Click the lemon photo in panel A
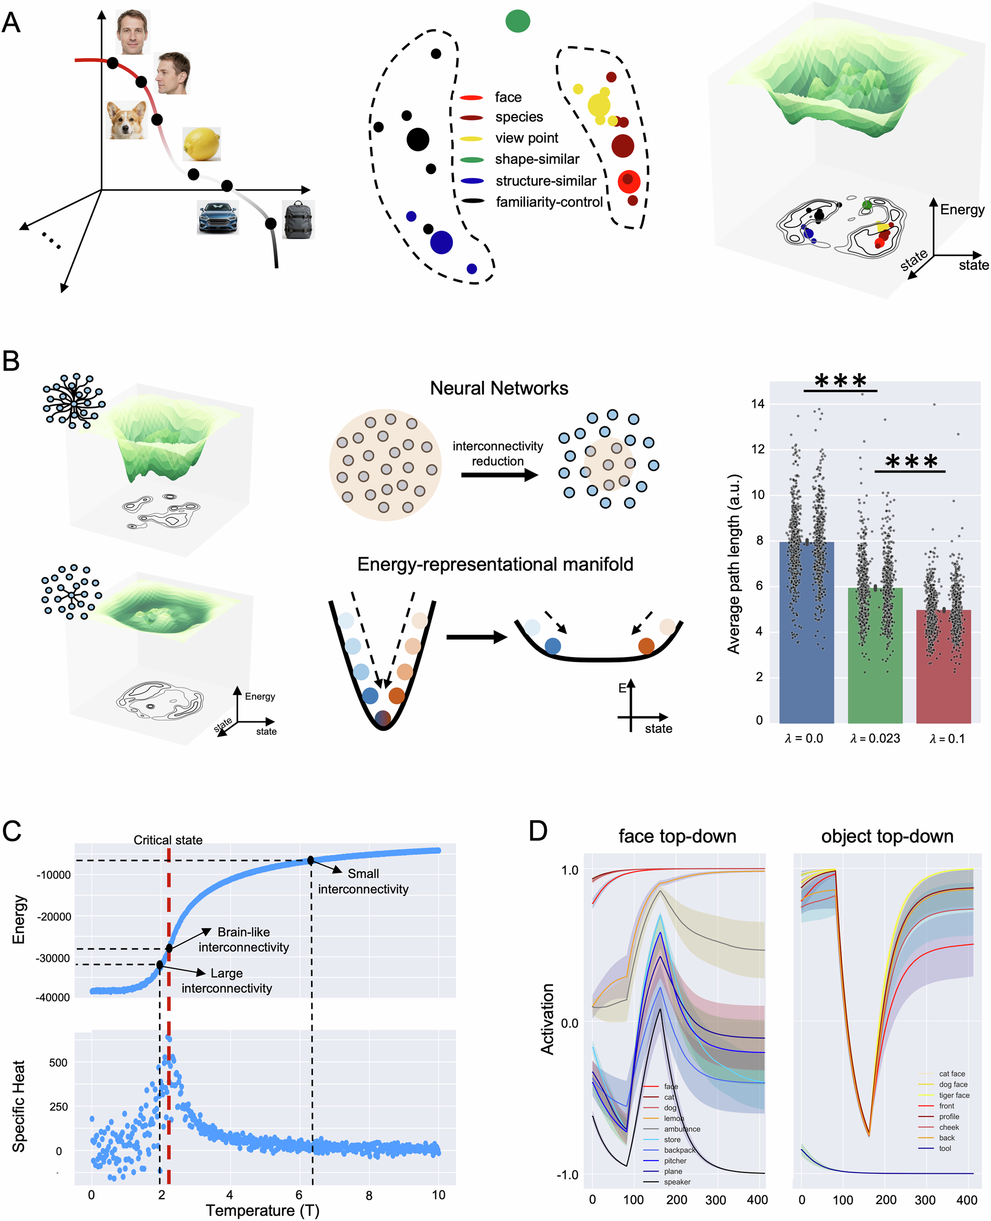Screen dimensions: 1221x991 (201, 144)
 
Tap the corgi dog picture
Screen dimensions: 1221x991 (127, 120)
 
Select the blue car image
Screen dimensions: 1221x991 (217, 217)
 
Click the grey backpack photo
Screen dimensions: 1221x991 (298, 219)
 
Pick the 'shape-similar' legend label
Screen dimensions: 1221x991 (536, 159)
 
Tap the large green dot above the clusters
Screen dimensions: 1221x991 (518, 21)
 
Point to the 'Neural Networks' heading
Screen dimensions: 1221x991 (499, 388)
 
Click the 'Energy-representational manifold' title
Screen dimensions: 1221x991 (495, 564)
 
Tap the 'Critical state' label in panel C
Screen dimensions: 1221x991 (168, 839)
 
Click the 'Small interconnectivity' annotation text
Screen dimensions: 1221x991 (363, 881)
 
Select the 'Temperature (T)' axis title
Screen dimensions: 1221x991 (262, 1210)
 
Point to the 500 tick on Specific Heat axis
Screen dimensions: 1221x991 (58, 1062)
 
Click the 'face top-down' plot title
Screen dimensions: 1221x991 (677, 836)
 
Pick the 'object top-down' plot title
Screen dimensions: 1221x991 (887, 836)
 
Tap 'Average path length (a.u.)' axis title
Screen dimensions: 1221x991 (733, 564)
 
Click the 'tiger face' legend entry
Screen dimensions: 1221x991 (954, 1095)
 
